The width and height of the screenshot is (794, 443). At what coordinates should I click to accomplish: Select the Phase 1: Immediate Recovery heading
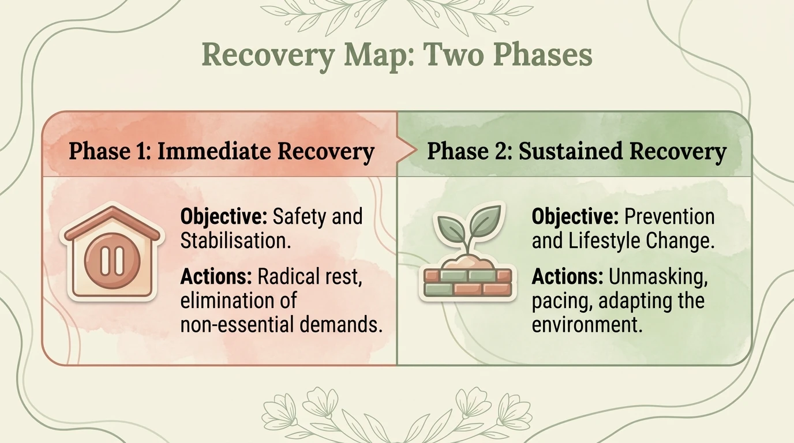[x=222, y=151]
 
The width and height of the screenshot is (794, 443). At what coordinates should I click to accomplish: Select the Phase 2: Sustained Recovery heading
[x=576, y=151]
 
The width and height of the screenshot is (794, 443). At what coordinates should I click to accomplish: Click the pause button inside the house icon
[x=111, y=261]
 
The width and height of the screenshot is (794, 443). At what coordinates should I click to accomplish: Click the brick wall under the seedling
[x=467, y=281]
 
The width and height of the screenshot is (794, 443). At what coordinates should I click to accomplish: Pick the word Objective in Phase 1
[x=223, y=217]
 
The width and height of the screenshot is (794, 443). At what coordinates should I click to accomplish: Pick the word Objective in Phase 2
[x=575, y=217]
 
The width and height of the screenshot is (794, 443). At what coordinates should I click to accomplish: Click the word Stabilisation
[x=235, y=241]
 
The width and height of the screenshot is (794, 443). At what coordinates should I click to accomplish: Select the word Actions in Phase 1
[x=216, y=277]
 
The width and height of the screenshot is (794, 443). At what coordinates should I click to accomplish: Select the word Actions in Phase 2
[x=567, y=277]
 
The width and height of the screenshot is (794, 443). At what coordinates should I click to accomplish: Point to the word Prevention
[x=669, y=217]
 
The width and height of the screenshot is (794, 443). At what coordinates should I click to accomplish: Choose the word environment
[x=587, y=325]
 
